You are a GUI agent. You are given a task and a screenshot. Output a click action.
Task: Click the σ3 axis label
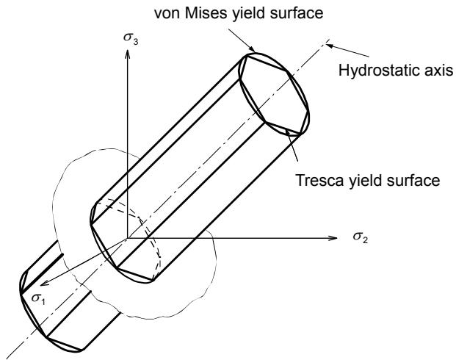tap(131, 39)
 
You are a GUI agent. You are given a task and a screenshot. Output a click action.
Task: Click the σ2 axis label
tap(361, 237)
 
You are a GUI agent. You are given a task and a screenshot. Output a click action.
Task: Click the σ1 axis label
tap(38, 298)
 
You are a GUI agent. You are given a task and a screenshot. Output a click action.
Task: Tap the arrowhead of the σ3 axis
tap(127, 54)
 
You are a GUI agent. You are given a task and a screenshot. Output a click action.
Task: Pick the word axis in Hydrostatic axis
tap(440, 71)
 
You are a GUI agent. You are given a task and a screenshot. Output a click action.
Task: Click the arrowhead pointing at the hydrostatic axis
tap(330, 46)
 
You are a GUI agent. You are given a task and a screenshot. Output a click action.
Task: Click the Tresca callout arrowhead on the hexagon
tap(287, 132)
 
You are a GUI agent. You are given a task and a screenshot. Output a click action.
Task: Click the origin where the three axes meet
tap(127, 238)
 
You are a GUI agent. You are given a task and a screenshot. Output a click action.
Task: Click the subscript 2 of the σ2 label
tap(365, 240)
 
